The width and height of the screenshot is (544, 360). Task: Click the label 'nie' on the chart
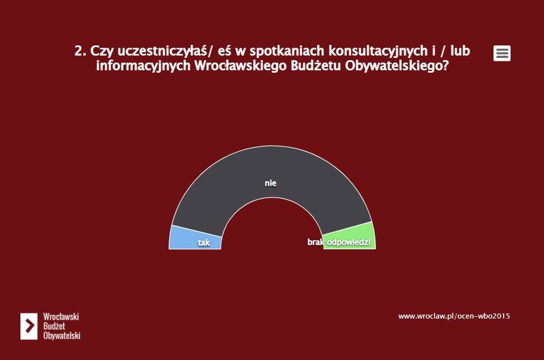(271, 183)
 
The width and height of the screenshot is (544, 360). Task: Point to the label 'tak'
(204, 242)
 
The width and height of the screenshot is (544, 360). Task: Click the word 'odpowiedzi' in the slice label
(349, 242)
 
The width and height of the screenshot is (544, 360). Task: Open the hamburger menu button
(501, 53)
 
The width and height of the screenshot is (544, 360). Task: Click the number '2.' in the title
(80, 51)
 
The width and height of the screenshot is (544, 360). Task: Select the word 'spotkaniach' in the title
(287, 51)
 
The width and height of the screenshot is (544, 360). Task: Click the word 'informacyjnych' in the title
(143, 65)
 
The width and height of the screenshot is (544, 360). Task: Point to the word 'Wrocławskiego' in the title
(240, 65)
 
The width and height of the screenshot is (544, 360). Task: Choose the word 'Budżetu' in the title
(316, 65)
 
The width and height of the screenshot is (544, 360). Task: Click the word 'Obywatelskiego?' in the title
(397, 65)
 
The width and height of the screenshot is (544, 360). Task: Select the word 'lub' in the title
(460, 51)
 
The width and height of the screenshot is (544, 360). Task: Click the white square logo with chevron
(29, 326)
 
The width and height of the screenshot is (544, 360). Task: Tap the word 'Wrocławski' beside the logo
(61, 317)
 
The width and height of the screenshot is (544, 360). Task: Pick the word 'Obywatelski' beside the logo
(62, 336)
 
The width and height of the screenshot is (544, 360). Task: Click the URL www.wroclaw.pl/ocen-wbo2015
(454, 316)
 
